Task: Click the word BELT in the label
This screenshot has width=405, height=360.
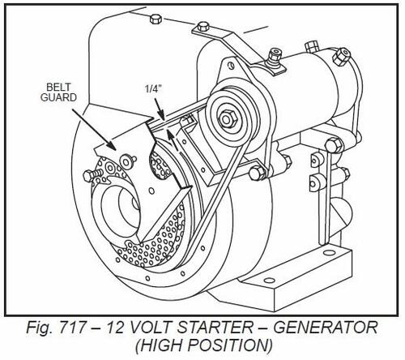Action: pos(58,88)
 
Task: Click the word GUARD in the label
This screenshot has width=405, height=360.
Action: pos(58,97)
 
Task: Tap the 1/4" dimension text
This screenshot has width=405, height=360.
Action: pos(153,89)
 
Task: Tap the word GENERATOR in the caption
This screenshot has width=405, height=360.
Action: pos(326,328)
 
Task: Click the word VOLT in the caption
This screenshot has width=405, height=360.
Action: pos(150,328)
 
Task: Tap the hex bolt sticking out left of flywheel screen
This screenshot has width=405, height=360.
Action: pos(92,175)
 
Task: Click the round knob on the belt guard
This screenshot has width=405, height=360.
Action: pos(127,161)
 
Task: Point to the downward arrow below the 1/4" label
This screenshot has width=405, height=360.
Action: pos(159,109)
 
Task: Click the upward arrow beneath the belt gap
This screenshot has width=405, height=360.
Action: pos(173,139)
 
